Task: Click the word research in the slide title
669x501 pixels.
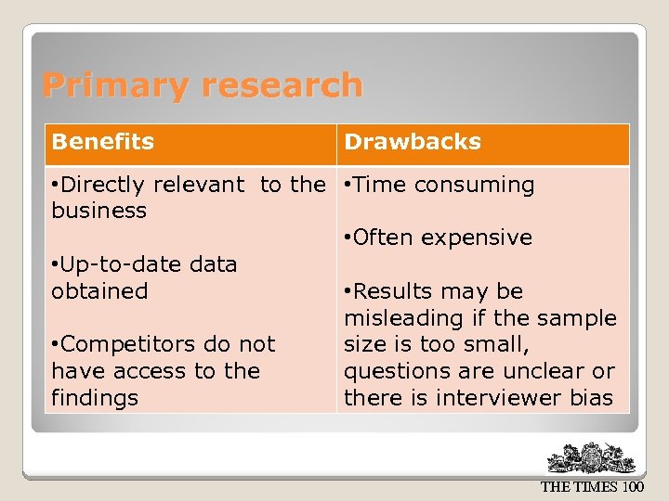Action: coord(282,85)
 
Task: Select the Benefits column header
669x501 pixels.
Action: coord(103,142)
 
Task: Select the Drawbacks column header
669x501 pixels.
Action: coord(413,142)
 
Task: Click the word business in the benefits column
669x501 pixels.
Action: coord(99,211)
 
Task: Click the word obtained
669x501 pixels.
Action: coord(99,290)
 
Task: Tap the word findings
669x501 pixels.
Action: coord(95,398)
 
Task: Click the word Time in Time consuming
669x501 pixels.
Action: coord(380,185)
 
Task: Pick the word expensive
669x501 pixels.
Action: coord(477,238)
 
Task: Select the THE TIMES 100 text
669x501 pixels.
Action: coord(591,487)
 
